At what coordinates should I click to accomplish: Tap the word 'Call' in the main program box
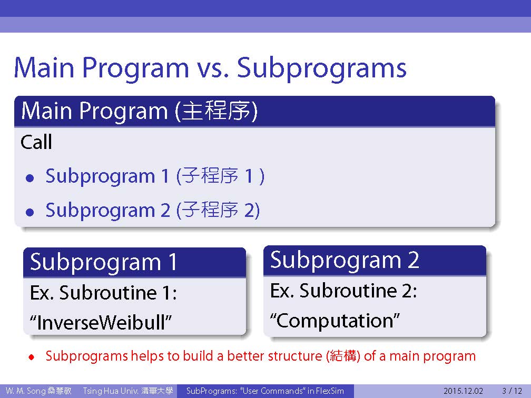(x=36, y=142)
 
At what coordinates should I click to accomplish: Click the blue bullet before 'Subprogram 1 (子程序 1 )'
(x=30, y=178)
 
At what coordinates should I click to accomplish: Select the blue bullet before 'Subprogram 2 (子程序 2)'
(x=30, y=212)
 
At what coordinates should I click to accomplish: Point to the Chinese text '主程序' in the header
(x=217, y=111)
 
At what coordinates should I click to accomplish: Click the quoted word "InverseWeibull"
(x=101, y=322)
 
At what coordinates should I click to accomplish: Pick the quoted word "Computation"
(x=335, y=320)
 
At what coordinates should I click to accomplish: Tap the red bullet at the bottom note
(x=32, y=357)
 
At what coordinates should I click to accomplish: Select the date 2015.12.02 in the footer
(x=463, y=391)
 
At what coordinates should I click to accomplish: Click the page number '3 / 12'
(x=512, y=391)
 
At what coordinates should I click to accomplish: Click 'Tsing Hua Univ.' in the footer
(x=111, y=391)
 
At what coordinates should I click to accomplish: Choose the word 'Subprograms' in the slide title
(x=322, y=68)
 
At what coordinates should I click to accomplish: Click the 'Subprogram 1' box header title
(x=104, y=262)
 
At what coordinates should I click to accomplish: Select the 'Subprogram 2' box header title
(x=345, y=260)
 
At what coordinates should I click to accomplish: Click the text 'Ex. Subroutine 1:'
(x=103, y=292)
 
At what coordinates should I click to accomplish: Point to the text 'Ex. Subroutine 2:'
(x=343, y=291)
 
